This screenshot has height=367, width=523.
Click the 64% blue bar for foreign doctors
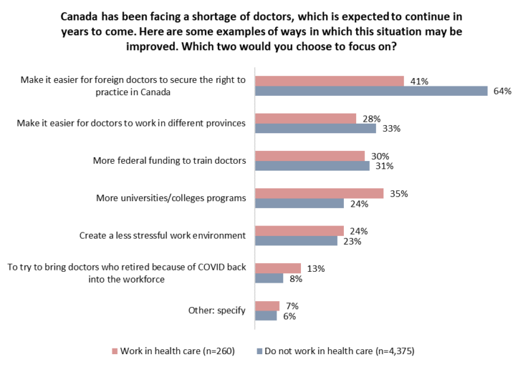[x=371, y=91]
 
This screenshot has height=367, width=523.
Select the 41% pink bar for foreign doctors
[x=330, y=81]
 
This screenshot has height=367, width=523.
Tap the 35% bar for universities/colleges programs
[x=319, y=194]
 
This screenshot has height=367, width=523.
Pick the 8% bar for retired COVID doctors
[x=269, y=278]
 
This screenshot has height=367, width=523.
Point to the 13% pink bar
[x=278, y=268]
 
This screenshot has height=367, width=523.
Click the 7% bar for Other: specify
[x=267, y=306]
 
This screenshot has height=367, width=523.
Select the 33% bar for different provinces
[x=315, y=128]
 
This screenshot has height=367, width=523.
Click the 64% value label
[x=503, y=92]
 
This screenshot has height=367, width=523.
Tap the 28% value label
[x=371, y=119]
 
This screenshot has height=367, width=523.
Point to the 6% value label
[x=289, y=316]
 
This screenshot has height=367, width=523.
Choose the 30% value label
[x=380, y=156]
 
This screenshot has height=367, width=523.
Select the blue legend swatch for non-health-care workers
[x=260, y=351]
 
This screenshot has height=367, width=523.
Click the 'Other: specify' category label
[x=217, y=311]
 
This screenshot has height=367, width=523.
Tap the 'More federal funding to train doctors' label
[x=169, y=161]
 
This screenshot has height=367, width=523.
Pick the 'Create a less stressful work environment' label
[x=162, y=236]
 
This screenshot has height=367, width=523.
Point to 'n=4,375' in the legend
[x=390, y=351]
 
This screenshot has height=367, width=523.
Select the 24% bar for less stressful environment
[x=299, y=230]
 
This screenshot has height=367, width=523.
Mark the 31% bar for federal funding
[x=312, y=166]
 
